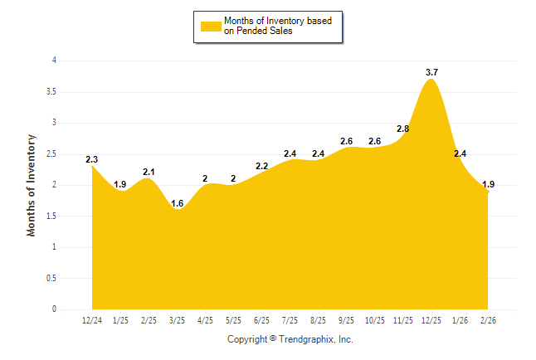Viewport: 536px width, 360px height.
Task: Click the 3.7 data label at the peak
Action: [x=431, y=72]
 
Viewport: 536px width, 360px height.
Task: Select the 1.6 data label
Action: [x=177, y=203]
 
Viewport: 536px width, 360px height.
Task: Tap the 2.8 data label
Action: [x=403, y=129]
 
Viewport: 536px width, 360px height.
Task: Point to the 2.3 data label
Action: [x=92, y=159]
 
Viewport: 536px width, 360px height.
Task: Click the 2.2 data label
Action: [x=261, y=166]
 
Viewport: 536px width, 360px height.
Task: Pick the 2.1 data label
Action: [x=149, y=172]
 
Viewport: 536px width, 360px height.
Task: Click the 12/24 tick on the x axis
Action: [x=92, y=319]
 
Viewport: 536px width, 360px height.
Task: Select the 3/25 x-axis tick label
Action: [x=177, y=319]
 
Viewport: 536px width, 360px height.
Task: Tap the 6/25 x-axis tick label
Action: [x=261, y=319]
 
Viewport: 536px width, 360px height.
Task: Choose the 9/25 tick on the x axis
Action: [x=346, y=319]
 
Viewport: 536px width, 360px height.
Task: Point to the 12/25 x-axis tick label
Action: [x=431, y=319]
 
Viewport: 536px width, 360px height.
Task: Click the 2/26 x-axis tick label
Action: [x=488, y=319]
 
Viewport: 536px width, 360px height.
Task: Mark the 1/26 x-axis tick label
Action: [x=460, y=319]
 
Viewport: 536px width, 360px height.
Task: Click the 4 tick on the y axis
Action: [x=54, y=61]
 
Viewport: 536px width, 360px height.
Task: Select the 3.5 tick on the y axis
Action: [x=51, y=91]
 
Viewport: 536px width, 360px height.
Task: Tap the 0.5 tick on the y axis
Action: [x=51, y=278]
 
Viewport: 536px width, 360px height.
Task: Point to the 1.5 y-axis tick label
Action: [x=51, y=216]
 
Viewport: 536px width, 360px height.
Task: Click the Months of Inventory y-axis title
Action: [x=32, y=185]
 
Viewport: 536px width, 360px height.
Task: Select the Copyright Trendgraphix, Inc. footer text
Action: [x=290, y=339]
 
